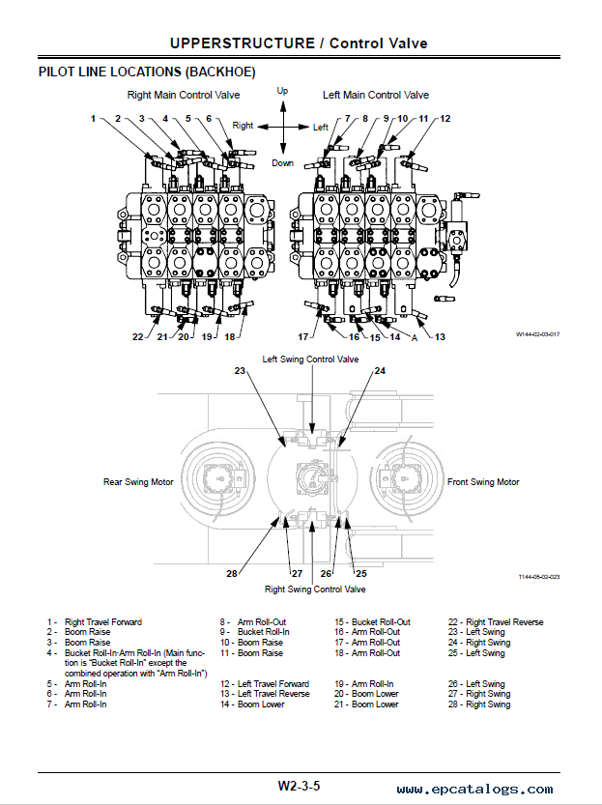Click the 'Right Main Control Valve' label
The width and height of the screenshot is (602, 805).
pos(184,95)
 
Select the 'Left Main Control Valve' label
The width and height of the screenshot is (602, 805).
pos(376,95)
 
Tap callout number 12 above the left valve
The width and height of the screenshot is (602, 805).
pos(444,119)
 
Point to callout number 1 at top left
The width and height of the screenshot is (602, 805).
pos(93,119)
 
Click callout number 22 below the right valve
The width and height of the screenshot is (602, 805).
pos(137,336)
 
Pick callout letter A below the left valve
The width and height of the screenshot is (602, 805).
pos(415,337)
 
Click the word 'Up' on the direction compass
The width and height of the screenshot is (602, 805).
pos(282,91)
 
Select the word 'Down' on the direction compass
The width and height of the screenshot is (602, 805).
pos(283,163)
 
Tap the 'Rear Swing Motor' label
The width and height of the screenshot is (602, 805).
pos(138,482)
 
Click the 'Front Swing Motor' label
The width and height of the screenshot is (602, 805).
pos(483,482)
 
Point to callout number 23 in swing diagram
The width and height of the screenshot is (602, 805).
pos(240,371)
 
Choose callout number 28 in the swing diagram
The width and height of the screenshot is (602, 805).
pos(232,573)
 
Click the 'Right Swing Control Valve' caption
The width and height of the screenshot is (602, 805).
pos(315,589)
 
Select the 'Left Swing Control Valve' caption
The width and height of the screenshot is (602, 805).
pos(310,359)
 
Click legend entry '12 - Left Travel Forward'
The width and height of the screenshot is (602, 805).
pos(265,684)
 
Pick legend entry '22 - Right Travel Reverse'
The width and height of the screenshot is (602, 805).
pos(496,622)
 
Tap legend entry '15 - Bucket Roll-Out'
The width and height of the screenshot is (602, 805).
pos(373,622)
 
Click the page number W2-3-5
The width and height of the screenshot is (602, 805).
pos(300,786)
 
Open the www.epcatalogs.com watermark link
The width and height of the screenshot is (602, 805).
pos(474,790)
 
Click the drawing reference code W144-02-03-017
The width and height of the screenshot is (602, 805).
pos(538,334)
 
